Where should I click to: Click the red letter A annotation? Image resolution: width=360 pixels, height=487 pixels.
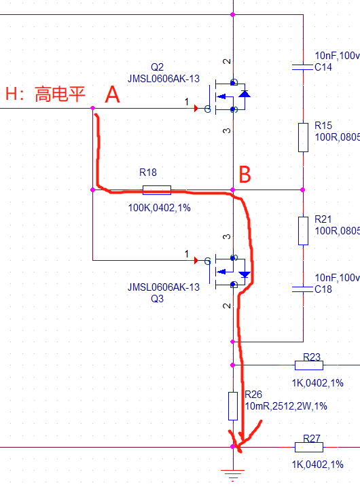coord(112,94)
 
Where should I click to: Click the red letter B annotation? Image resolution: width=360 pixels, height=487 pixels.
coord(245,174)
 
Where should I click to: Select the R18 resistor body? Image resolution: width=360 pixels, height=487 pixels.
coord(156,190)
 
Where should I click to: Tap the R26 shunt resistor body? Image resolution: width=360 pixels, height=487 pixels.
coord(233,406)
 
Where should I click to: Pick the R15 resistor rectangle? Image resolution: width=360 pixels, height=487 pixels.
coord(303,137)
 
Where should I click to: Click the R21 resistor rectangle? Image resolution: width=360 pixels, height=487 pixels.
coord(303,231)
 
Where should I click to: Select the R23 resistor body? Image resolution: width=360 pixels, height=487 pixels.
coord(309,365)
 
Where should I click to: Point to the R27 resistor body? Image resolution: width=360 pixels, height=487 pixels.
coord(309,447)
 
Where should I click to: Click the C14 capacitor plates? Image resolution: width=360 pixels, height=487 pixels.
coord(302,67)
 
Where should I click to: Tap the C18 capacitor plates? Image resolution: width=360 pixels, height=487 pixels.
coord(302,289)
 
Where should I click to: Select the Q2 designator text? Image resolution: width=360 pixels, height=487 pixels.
coord(157,67)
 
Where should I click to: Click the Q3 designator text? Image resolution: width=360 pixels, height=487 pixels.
coord(157,299)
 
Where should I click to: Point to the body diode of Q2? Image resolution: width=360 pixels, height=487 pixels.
coord(245,94)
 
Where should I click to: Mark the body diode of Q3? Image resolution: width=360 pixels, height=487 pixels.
coord(245,274)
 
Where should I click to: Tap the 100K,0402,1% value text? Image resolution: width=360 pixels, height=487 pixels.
coord(160,207)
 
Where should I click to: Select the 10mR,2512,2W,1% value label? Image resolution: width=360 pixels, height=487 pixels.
coord(286,406)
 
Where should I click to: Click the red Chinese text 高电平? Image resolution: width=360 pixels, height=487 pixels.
coord(60,94)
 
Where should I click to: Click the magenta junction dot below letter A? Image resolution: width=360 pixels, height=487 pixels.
coord(92,108)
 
